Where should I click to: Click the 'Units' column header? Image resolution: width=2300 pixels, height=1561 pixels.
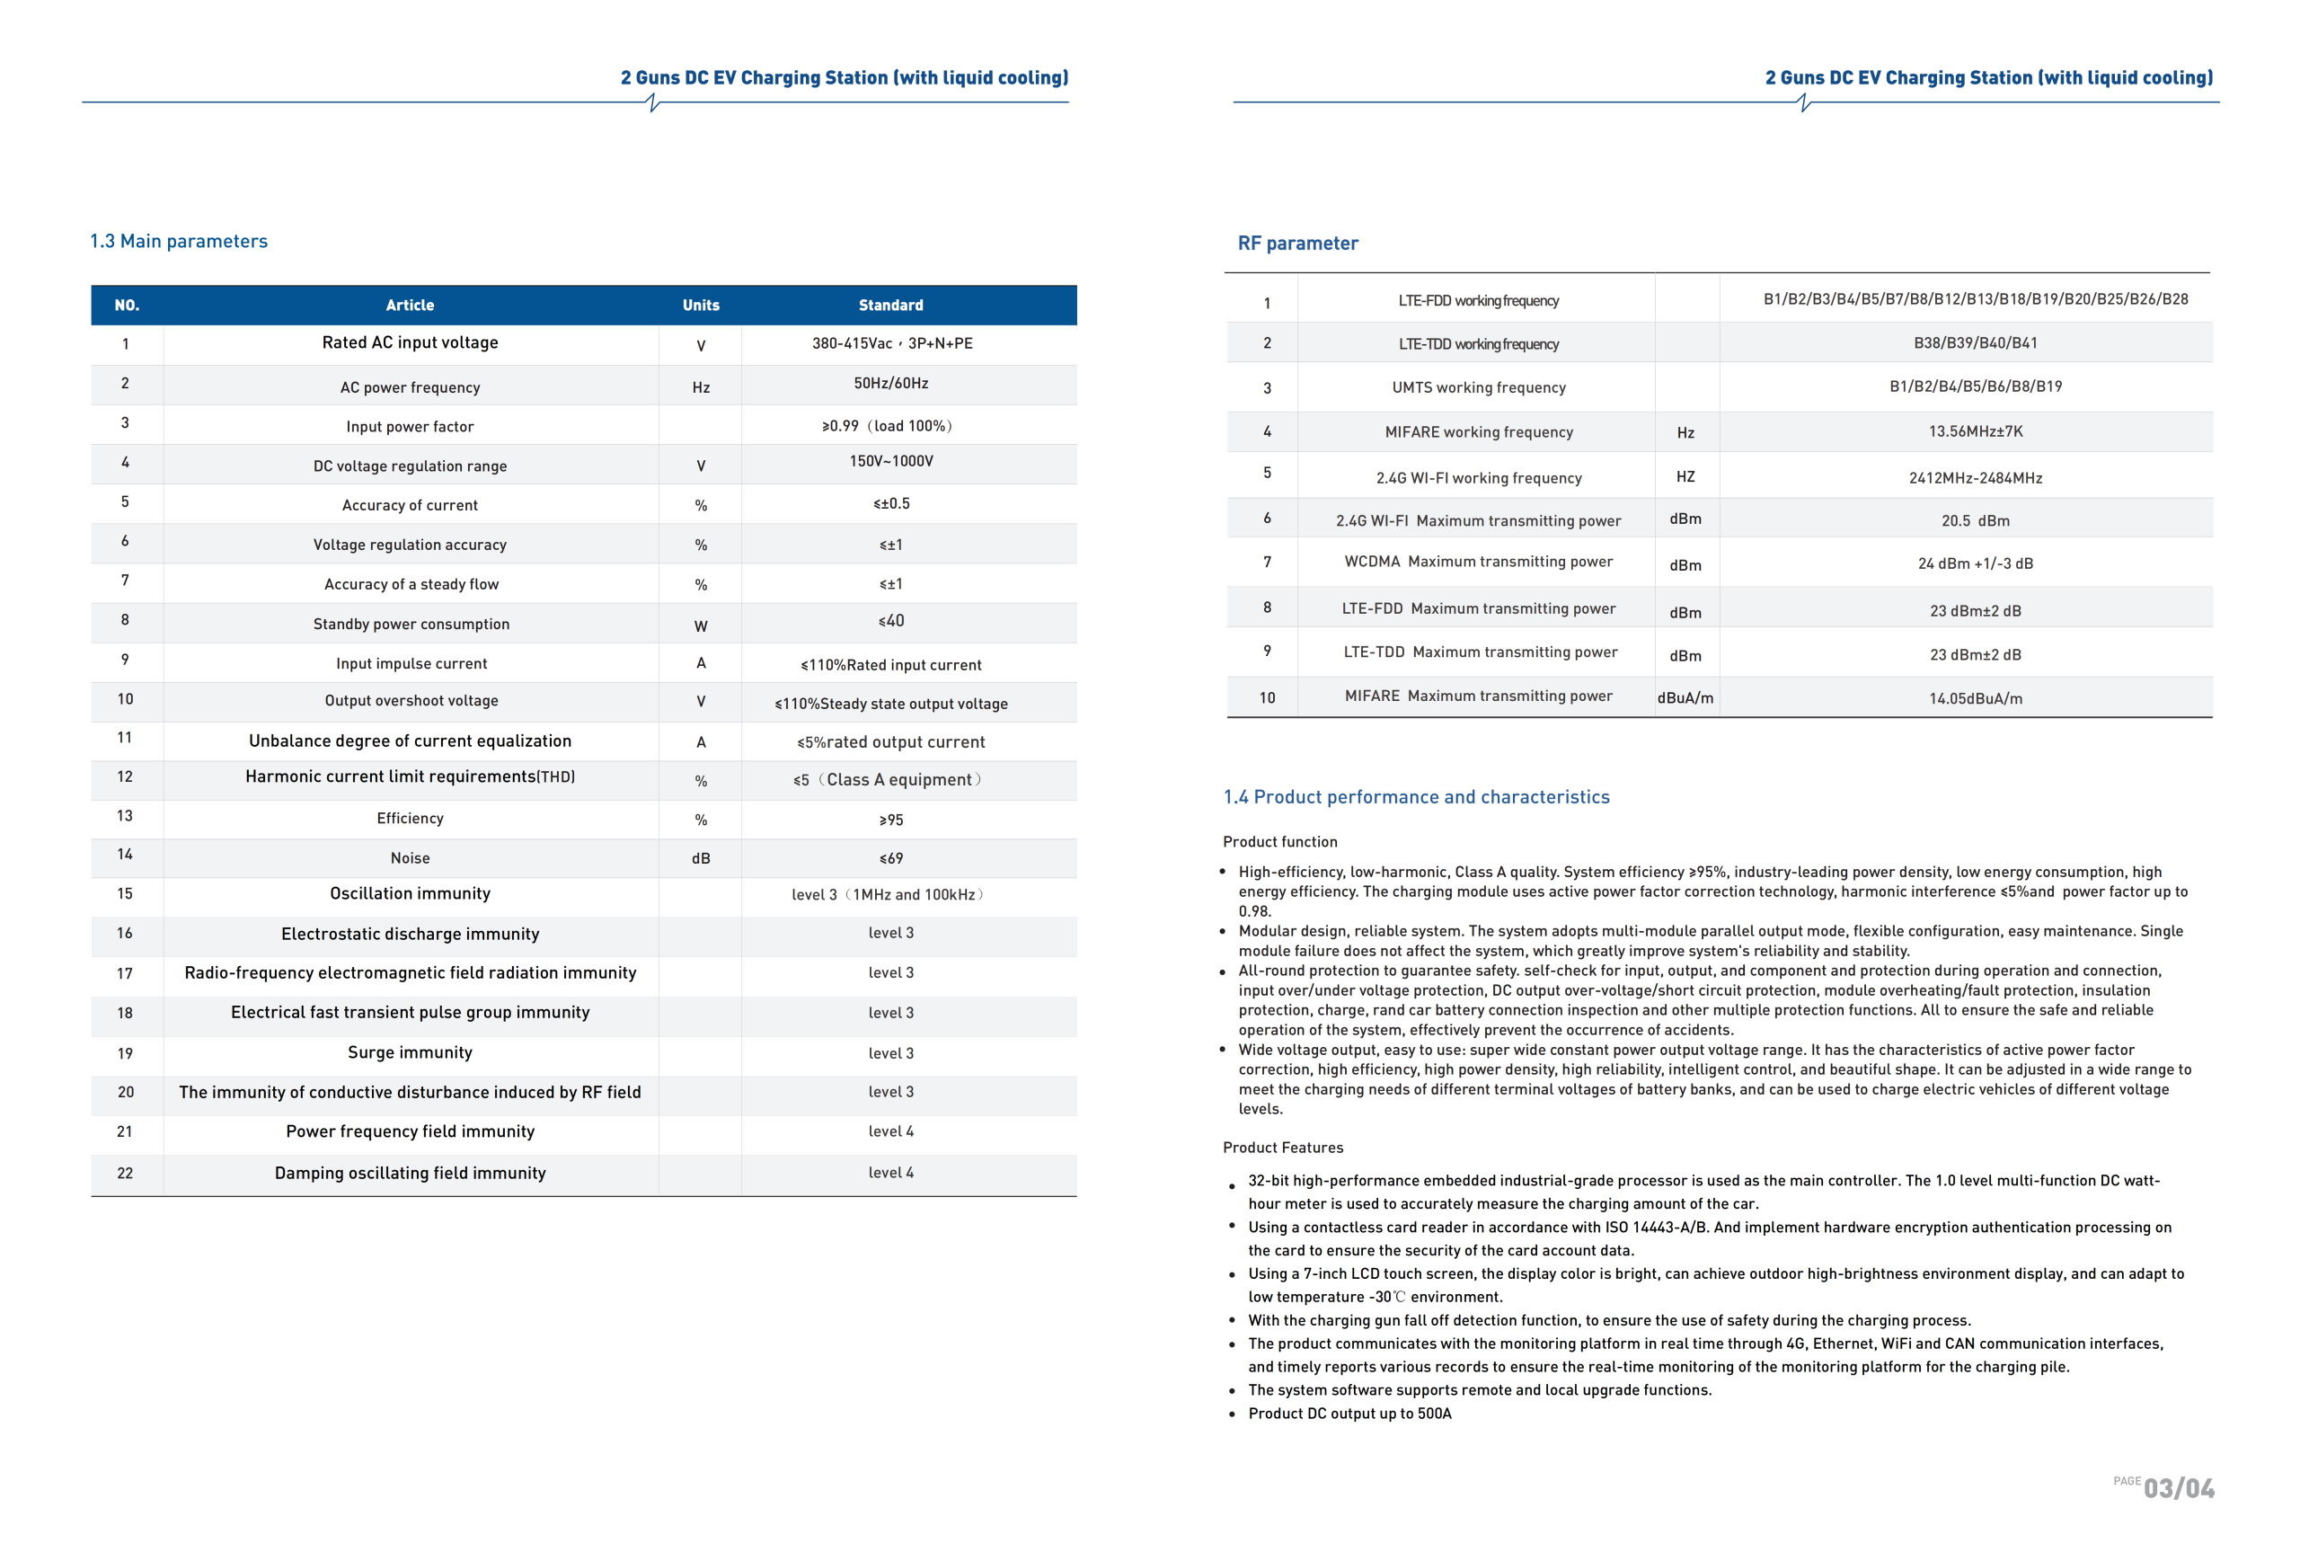pyautogui.click(x=701, y=305)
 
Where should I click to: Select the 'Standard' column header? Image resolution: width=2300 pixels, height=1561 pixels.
pyautogui.click(x=890, y=305)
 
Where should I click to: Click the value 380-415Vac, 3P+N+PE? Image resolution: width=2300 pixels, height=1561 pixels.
pyautogui.click(x=891, y=343)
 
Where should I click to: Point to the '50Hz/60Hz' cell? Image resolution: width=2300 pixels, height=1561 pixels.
pyautogui.click(x=890, y=383)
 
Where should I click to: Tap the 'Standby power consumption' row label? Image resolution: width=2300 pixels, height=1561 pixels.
pyautogui.click(x=411, y=624)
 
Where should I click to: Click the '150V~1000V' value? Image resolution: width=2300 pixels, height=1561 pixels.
pyautogui.click(x=890, y=461)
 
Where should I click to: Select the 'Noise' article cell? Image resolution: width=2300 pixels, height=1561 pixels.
pyautogui.click(x=410, y=858)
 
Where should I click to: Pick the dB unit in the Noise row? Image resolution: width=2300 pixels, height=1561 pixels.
pyautogui.click(x=701, y=858)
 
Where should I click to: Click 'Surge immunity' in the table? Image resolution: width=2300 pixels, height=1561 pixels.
pyautogui.click(x=410, y=1052)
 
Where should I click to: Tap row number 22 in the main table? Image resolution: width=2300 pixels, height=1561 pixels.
pyautogui.click(x=125, y=1173)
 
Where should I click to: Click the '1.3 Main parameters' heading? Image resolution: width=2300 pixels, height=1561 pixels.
pyautogui.click(x=179, y=242)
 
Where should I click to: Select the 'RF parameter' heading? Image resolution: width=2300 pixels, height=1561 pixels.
pyautogui.click(x=1297, y=244)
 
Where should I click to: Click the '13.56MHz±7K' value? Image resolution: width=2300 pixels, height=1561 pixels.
pyautogui.click(x=1976, y=431)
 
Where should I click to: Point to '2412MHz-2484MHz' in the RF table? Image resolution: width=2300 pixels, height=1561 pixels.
pyautogui.click(x=1976, y=478)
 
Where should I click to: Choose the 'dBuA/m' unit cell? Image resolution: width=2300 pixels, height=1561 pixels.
pyautogui.click(x=1685, y=698)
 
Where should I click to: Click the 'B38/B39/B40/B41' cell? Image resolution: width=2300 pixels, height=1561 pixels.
pyautogui.click(x=1976, y=343)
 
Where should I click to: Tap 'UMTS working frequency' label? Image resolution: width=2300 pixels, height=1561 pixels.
pyautogui.click(x=1479, y=388)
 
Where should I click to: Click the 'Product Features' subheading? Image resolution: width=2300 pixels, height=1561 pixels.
pyautogui.click(x=1283, y=1148)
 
